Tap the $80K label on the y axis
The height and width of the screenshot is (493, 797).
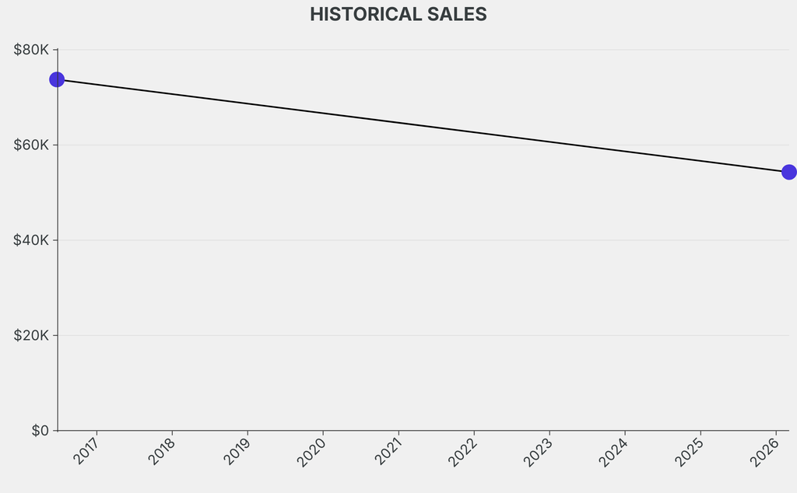pyautogui.click(x=31, y=50)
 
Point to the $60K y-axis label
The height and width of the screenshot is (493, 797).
pyautogui.click(x=31, y=145)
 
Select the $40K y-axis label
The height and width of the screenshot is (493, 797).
pyautogui.click(x=31, y=240)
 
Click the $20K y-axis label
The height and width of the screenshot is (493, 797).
pyautogui.click(x=31, y=336)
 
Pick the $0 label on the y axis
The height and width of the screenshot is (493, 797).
pyautogui.click(x=40, y=431)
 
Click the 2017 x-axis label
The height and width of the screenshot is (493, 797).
pyautogui.click(x=87, y=452)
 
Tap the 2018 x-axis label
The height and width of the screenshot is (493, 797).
pyautogui.click(x=163, y=452)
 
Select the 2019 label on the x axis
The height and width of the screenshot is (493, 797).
pyautogui.click(x=238, y=452)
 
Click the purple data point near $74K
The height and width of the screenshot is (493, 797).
pyautogui.click(x=57, y=79)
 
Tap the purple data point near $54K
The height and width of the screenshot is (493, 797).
pyautogui.click(x=788, y=172)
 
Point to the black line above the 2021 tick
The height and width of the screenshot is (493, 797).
pyautogui.click(x=398, y=123)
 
